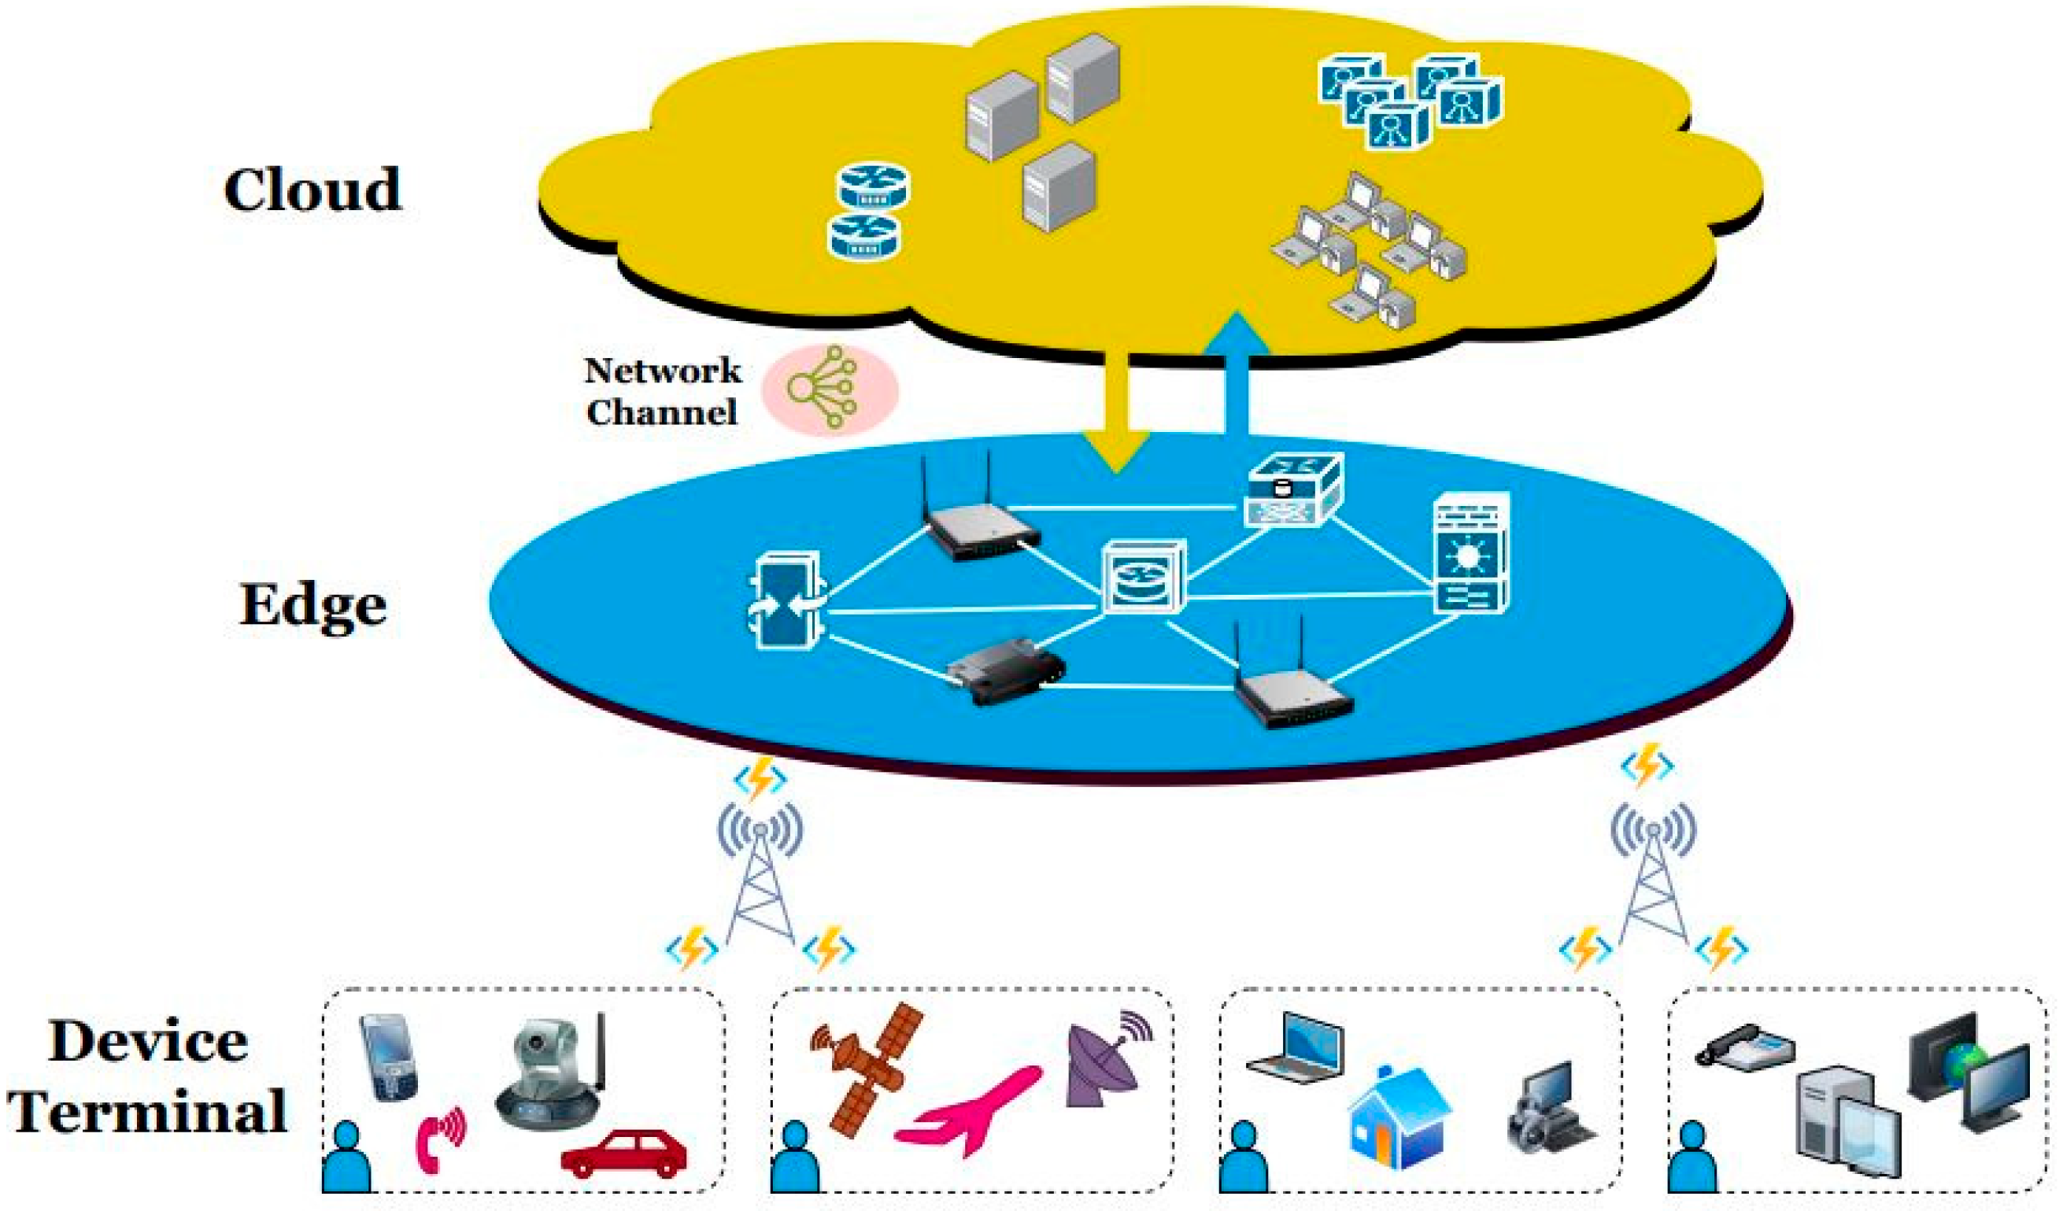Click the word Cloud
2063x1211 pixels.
312,190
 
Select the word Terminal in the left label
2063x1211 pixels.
148,1110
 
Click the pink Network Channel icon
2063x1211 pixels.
830,390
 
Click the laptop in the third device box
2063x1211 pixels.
1295,1045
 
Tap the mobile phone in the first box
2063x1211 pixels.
390,1056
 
